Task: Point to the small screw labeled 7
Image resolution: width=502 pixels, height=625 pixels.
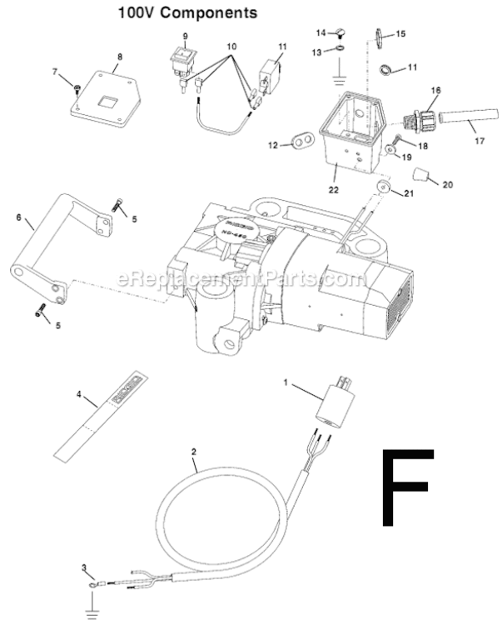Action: click(x=76, y=87)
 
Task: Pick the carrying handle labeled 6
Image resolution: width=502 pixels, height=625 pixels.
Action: click(x=58, y=249)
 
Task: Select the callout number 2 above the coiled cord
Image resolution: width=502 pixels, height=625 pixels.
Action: click(x=193, y=452)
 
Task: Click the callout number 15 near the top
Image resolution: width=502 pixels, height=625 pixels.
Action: click(x=400, y=33)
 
